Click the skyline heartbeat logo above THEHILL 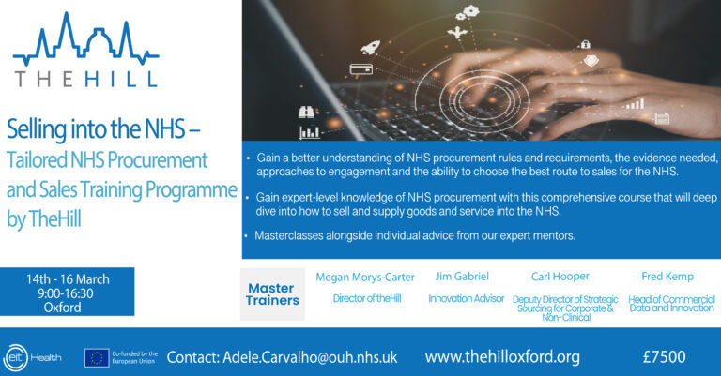85,39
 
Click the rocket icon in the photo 371,47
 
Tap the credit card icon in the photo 360,69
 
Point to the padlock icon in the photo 585,44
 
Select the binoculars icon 306,112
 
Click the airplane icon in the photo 457,33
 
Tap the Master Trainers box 272,294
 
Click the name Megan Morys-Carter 365,278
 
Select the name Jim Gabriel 462,277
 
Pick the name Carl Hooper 560,277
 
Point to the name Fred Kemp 667,277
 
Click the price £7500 664,356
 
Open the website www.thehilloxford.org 502,356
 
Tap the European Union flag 97,358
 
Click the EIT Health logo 32,357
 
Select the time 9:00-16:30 66,293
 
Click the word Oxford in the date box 63,308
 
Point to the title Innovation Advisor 467,298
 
